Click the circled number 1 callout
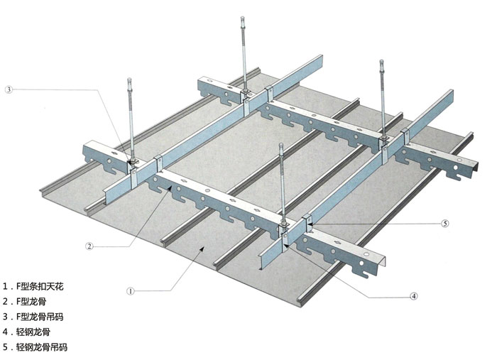coord(130,291)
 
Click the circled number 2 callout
coord(89,246)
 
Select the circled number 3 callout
coord(9,89)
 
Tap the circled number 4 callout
coord(414,296)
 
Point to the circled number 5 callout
coord(445,224)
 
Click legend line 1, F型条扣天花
coord(33,286)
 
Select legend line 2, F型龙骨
coord(25,301)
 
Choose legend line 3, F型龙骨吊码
coord(33,317)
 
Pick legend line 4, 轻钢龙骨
coord(27,332)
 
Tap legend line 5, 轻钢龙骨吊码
coord(35,347)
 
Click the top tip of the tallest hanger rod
coord(243,18)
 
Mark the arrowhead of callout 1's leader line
coord(201,249)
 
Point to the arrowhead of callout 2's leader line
coord(170,187)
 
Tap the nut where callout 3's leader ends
coord(133,162)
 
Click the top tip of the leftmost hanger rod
coord(129,79)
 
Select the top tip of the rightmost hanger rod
coord(382,61)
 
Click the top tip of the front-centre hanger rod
coord(281,145)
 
